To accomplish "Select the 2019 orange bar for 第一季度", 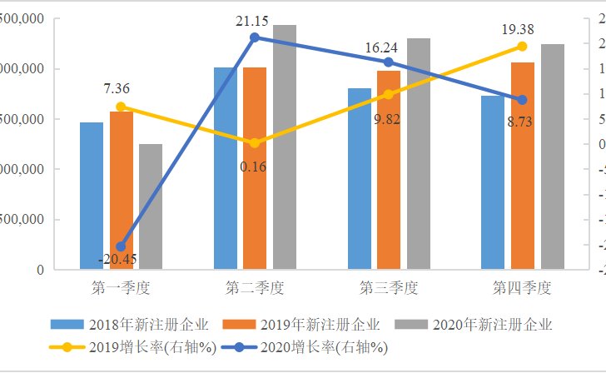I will (x=121, y=179).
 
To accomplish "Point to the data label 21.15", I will (x=255, y=20).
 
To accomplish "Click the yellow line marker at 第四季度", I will (x=522, y=47).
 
